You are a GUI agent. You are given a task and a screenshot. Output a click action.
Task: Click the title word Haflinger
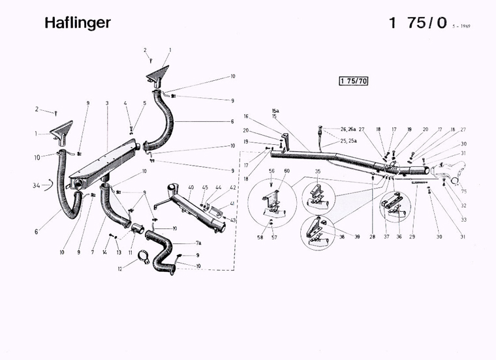click(x=78, y=23)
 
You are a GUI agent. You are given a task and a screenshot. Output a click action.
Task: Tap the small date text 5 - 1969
click(x=460, y=26)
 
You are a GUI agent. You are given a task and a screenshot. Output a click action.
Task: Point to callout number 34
click(x=37, y=186)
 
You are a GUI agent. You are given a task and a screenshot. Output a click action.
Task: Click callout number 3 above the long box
click(x=106, y=103)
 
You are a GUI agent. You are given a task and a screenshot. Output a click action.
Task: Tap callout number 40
click(x=191, y=188)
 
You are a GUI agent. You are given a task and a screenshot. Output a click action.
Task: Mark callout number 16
click(x=247, y=117)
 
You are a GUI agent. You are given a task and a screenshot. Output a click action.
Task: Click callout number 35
click(x=318, y=172)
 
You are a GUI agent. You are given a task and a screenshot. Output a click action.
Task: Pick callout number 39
click(x=356, y=237)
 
